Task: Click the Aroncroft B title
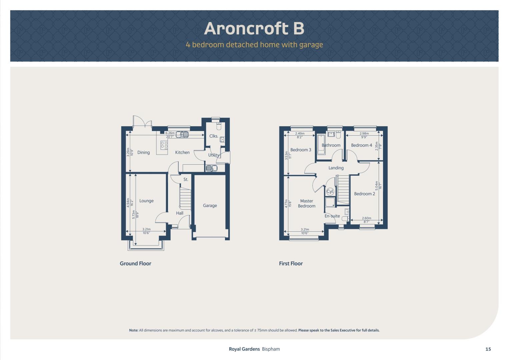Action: (x=254, y=28)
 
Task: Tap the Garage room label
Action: (x=210, y=205)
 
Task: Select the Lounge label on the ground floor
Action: (x=146, y=201)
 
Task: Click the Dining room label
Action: (x=143, y=153)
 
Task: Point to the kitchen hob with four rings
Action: (x=164, y=145)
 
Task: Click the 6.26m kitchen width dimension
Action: (x=170, y=133)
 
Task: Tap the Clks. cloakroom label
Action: (x=214, y=136)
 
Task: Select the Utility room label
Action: (x=214, y=155)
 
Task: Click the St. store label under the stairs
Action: (x=186, y=179)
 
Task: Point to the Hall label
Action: (x=180, y=213)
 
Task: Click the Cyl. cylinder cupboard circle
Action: (x=330, y=191)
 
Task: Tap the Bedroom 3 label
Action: (x=301, y=150)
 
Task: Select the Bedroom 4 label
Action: (x=362, y=145)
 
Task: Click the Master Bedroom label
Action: (x=307, y=203)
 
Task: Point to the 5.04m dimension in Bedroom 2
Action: (x=377, y=186)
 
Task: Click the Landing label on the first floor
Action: (x=336, y=168)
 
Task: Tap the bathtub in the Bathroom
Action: (x=321, y=145)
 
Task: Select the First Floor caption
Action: (x=291, y=263)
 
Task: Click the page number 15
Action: (x=488, y=349)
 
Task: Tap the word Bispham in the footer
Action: (x=271, y=349)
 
